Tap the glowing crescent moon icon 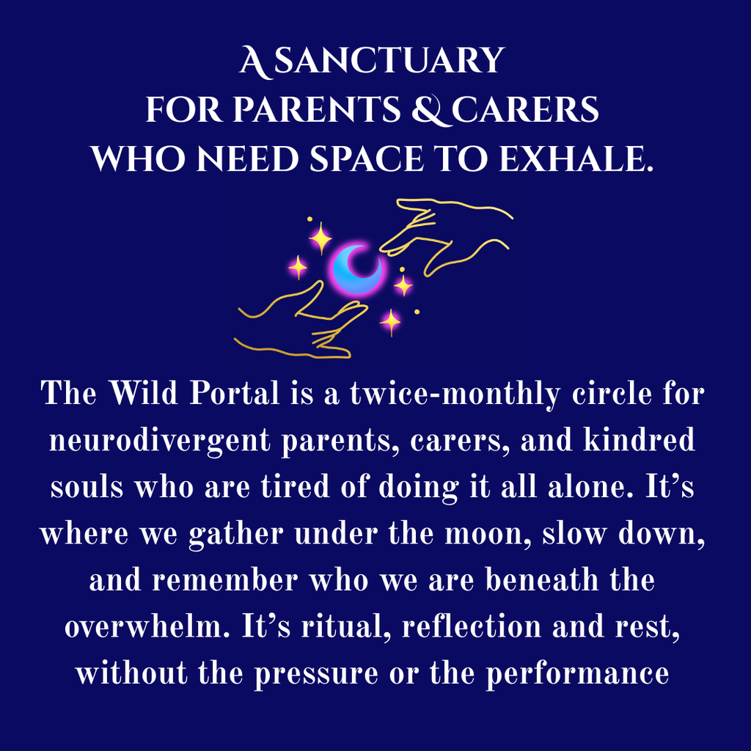coord(358,268)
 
